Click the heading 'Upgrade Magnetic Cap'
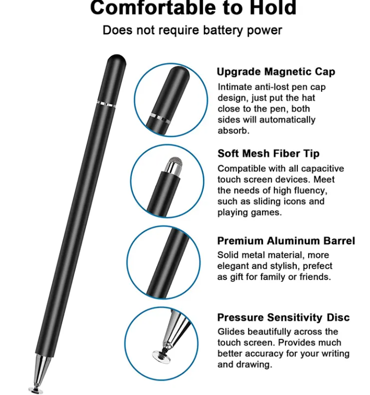click(x=276, y=72)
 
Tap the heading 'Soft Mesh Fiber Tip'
click(x=268, y=154)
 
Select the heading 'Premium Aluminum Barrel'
click(x=286, y=241)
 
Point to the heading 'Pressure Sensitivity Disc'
click(x=283, y=318)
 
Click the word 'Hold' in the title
click(x=273, y=8)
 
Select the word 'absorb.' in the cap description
click(x=234, y=131)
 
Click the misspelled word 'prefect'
click(x=318, y=266)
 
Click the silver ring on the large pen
click(x=106, y=104)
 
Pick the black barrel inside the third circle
click(x=168, y=263)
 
